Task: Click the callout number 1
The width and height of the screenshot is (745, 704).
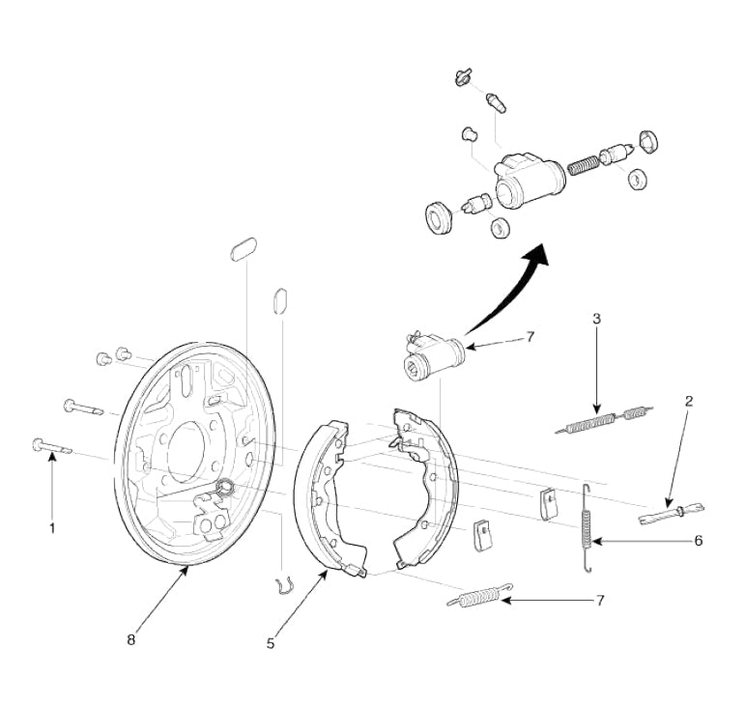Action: tap(53, 527)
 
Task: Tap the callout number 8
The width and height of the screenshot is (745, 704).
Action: tap(131, 639)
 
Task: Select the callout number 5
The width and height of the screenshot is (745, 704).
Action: tap(271, 644)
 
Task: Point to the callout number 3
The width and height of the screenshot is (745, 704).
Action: tap(597, 318)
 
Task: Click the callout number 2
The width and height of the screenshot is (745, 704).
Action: tap(689, 401)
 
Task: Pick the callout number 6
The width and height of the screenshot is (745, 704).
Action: tap(699, 541)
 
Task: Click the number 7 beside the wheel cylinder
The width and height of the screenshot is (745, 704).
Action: tap(530, 337)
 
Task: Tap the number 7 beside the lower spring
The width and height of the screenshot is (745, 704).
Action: tap(600, 601)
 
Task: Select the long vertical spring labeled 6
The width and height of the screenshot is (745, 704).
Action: tap(587, 528)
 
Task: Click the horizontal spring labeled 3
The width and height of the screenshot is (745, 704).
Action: tap(604, 418)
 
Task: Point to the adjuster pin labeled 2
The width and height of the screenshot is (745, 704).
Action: tap(672, 513)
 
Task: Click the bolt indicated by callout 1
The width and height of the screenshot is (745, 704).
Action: tap(51, 446)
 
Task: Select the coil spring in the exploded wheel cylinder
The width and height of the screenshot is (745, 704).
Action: tap(584, 165)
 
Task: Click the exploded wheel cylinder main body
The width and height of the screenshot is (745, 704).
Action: tap(530, 180)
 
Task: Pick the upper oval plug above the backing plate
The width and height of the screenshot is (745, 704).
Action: tap(244, 249)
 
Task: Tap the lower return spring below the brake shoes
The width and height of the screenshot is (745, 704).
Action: tap(480, 595)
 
